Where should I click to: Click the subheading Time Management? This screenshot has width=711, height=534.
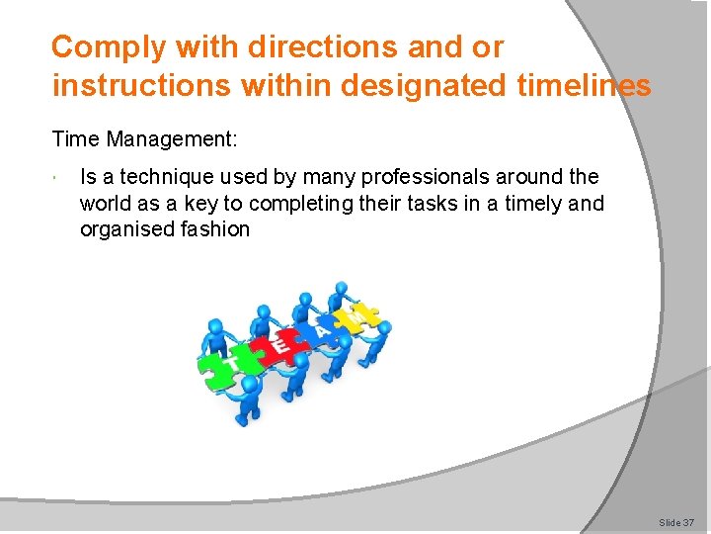click(144, 138)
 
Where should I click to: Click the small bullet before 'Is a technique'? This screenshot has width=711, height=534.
click(60, 178)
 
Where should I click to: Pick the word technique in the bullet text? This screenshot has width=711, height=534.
click(169, 177)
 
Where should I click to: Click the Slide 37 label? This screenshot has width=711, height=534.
click(676, 521)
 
